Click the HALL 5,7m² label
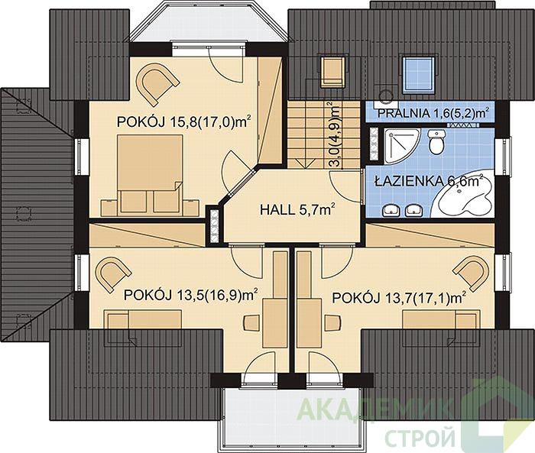297,209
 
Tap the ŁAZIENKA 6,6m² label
430,181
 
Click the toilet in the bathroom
436,141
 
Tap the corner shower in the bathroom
401,144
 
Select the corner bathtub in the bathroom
463,198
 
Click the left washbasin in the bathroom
391,211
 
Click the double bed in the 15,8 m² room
150,175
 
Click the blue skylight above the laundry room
419,74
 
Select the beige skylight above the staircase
332,72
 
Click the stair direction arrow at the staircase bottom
306,163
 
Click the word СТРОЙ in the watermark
420,436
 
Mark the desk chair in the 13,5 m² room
251,322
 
